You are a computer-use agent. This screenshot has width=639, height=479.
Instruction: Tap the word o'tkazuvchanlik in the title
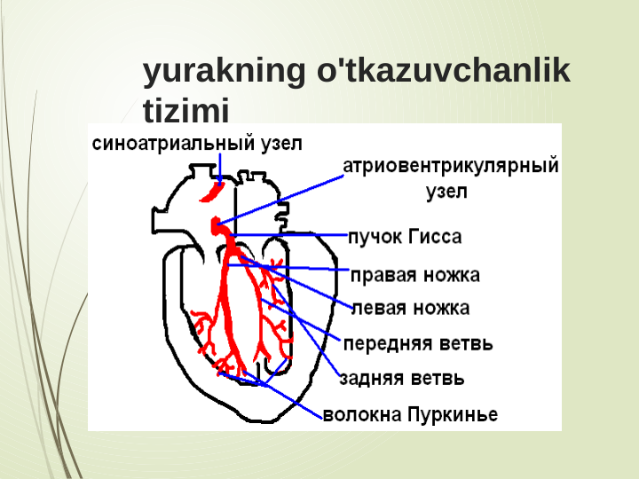click(443, 73)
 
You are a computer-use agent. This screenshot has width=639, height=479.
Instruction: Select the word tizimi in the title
click(185, 111)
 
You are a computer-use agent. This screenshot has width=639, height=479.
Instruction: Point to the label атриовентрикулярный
click(451, 166)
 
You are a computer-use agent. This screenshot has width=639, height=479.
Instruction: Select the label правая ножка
click(415, 274)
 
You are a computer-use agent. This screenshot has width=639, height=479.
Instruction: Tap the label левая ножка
click(411, 308)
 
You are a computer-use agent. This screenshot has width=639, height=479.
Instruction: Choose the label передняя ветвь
click(417, 343)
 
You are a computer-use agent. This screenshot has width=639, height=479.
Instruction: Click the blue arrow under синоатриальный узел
click(219, 169)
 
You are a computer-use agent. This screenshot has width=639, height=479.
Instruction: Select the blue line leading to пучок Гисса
click(293, 235)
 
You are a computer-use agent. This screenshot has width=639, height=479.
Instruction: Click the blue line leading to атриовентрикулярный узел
click(284, 198)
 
